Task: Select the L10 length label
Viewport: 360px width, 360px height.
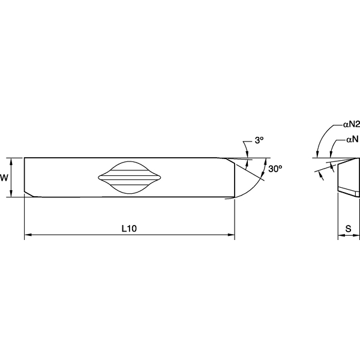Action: pyautogui.click(x=129, y=228)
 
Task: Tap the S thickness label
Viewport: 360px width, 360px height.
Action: pyautogui.click(x=348, y=228)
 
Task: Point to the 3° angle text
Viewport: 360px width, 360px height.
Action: pyautogui.click(x=259, y=140)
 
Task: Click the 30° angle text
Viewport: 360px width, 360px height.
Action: pyautogui.click(x=275, y=169)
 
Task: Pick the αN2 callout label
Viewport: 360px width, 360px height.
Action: pyautogui.click(x=350, y=125)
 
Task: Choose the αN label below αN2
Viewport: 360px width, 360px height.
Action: pyautogui.click(x=352, y=139)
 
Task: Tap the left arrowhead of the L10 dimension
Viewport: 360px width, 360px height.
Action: pyautogui.click(x=27, y=236)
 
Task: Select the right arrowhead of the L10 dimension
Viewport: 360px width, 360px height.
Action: pyautogui.click(x=231, y=236)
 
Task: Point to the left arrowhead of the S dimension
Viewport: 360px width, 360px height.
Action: pyautogui.click(x=340, y=236)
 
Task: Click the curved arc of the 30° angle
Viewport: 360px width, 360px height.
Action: pyautogui.click(x=253, y=186)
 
